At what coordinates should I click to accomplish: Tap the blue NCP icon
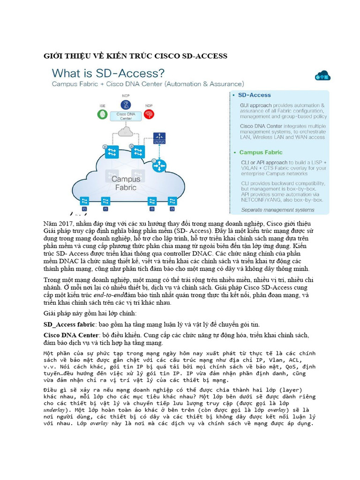tap(126, 105)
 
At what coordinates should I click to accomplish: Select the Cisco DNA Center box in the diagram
tap(126, 116)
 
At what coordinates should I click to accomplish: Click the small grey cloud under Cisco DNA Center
tap(126, 132)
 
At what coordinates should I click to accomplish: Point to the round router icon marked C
tap(160, 165)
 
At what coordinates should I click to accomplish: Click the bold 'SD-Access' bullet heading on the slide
tap(255, 95)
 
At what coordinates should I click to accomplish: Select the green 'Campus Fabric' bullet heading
tap(262, 152)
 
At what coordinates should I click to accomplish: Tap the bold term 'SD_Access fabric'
tap(69, 324)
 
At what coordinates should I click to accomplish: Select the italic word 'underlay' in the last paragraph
tap(57, 409)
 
